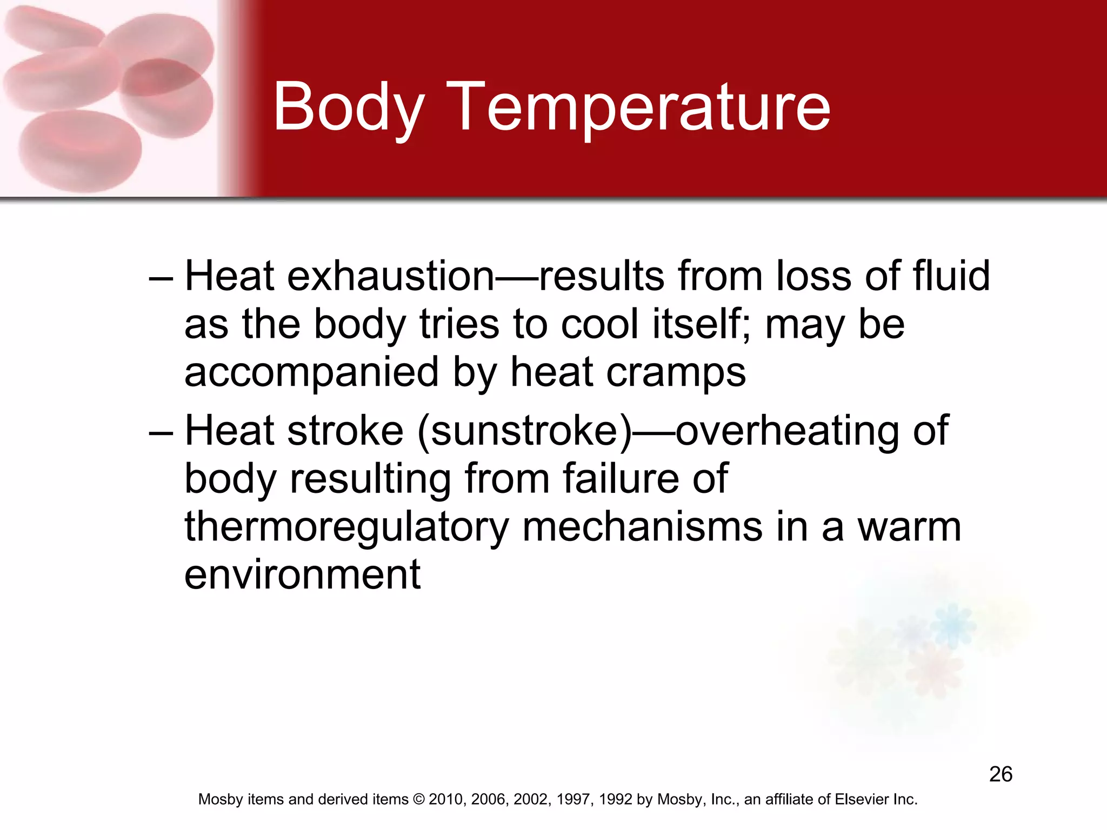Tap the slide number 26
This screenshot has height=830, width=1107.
coord(1001,774)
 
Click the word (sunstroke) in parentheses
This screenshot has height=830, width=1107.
coord(524,431)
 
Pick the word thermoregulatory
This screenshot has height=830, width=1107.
coord(346,527)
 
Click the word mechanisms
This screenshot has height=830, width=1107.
coord(643,527)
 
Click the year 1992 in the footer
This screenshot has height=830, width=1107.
coord(616,799)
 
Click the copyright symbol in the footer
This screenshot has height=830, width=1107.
coord(419,799)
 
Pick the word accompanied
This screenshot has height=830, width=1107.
coord(311,373)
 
